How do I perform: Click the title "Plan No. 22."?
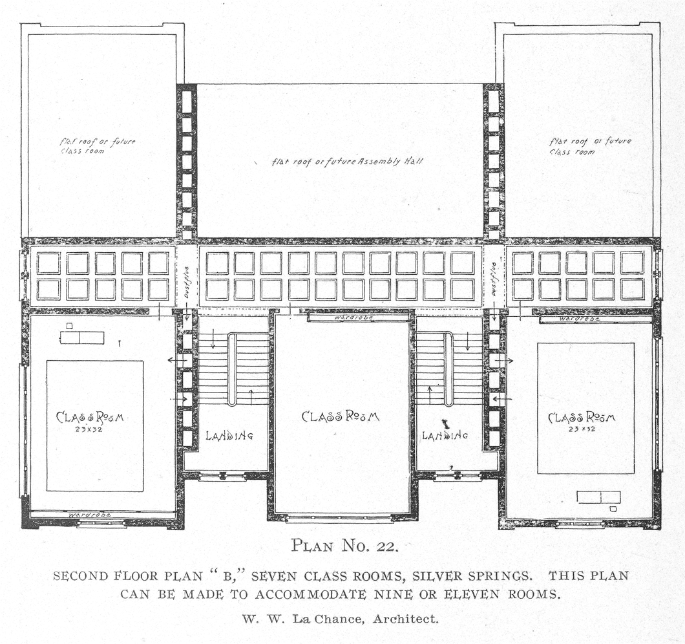[x=344, y=546]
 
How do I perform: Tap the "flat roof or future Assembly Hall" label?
[x=348, y=162]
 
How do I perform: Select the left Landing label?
[x=229, y=435]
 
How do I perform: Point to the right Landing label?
[x=445, y=435]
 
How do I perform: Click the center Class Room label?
[x=341, y=416]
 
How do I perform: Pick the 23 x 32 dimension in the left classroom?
[x=89, y=429]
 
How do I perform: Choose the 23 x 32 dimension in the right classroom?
[x=582, y=429]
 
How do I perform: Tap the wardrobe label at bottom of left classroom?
[x=90, y=515]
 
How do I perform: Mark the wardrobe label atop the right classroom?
[x=579, y=319]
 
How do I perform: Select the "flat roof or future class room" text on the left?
[x=98, y=146]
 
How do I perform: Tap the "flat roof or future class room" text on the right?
[x=590, y=147]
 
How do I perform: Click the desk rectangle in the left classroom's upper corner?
[x=82, y=338]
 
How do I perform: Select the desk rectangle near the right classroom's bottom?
[x=598, y=497]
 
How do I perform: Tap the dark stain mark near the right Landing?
[x=446, y=424]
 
